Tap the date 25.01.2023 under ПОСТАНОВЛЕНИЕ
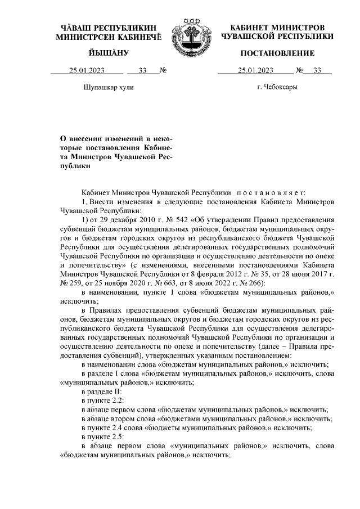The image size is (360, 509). [x=255, y=71]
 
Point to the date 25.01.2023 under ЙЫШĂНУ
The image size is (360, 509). [x=87, y=71]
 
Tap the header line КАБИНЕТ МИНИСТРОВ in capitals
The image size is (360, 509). [x=277, y=28]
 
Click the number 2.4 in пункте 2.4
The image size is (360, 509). [x=117, y=427]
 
